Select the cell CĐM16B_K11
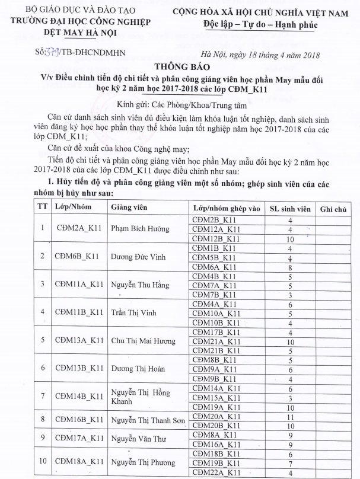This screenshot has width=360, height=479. tap(79, 420)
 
